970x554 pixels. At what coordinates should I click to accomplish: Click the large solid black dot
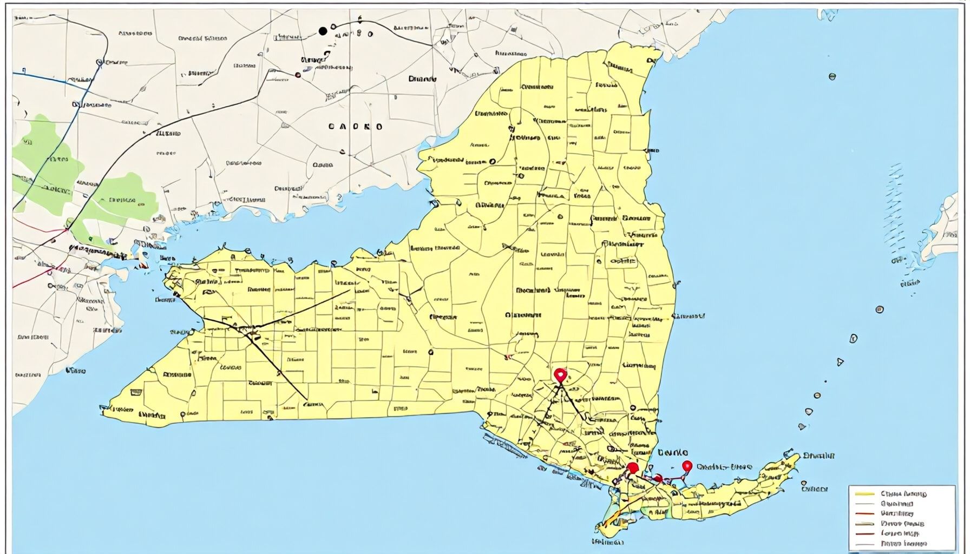323,31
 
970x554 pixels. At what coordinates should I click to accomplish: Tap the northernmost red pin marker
560,374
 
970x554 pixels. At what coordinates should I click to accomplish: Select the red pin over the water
687,466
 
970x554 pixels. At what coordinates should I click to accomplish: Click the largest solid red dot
632,468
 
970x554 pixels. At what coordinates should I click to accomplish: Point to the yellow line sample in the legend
865,493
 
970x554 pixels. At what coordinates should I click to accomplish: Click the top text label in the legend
903,493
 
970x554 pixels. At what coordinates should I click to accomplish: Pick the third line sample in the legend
865,513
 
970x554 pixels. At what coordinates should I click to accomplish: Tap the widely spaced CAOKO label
356,127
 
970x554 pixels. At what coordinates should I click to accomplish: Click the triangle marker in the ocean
841,361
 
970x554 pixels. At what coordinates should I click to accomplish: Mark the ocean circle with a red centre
880,309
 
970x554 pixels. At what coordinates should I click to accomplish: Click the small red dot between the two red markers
658,478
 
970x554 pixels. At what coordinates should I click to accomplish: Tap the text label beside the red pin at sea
724,466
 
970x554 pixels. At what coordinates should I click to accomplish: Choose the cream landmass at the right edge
947,227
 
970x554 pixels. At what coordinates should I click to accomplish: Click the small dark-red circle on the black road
297,75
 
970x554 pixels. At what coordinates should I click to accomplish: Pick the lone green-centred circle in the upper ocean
832,77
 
